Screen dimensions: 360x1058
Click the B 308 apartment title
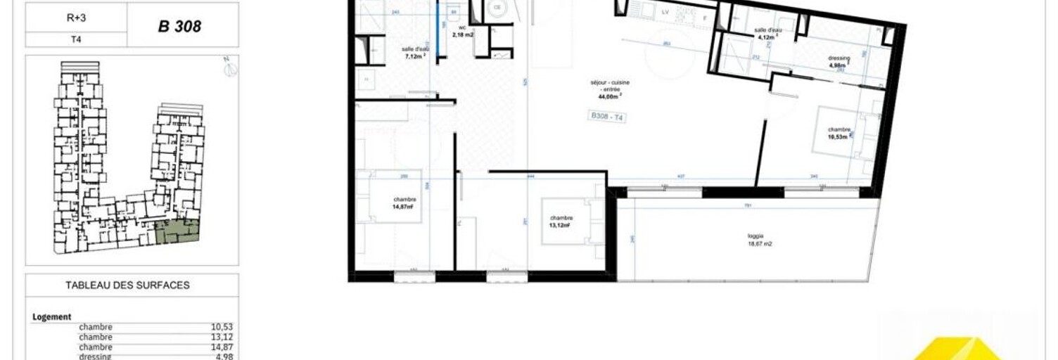[x=180, y=26]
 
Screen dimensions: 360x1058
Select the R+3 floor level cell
[x=76, y=15]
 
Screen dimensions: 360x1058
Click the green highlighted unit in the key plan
[x=177, y=231]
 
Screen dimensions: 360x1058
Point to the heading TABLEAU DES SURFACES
[x=127, y=285]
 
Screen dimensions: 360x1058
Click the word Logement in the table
[x=52, y=317]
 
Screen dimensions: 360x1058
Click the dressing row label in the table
[x=95, y=356]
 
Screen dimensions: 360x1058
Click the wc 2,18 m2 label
[x=461, y=31]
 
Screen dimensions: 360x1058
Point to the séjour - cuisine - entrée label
[x=609, y=91]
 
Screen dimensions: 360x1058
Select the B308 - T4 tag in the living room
[x=606, y=117]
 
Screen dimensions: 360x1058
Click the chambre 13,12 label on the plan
[x=561, y=221]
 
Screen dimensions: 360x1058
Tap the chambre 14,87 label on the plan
[x=404, y=203]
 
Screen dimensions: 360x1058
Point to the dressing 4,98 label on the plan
[x=840, y=62]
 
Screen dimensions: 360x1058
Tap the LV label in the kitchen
[x=665, y=12]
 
